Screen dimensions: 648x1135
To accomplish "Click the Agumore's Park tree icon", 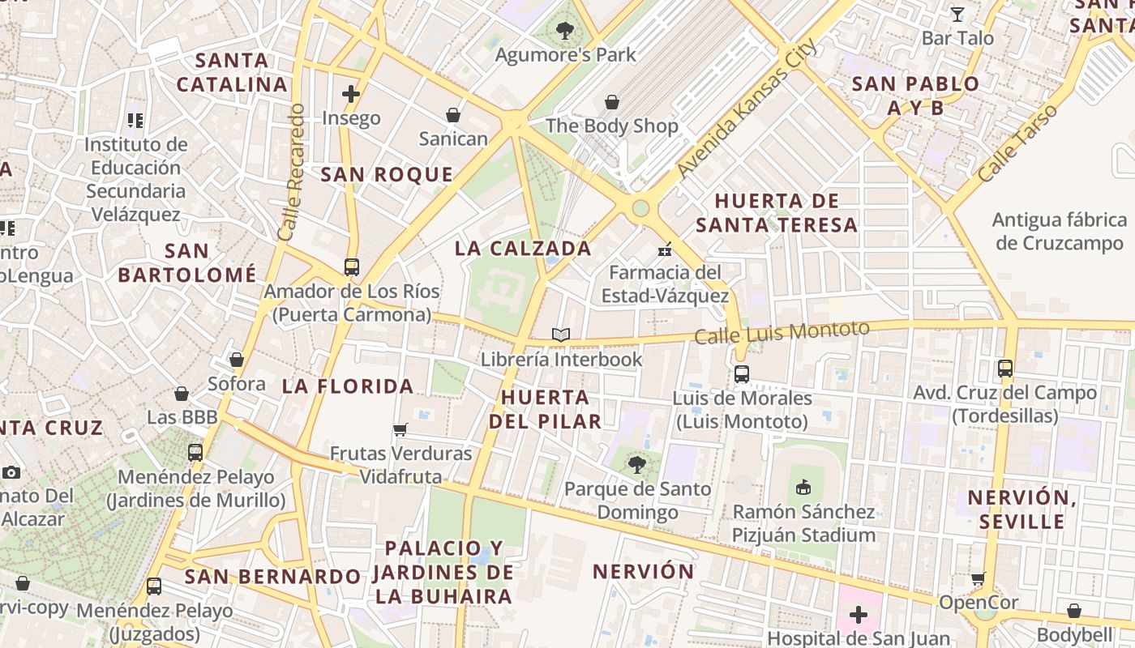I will pos(565,31).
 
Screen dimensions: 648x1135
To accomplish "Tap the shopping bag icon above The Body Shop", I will pos(612,102).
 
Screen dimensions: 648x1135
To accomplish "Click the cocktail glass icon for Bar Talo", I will pos(957,14).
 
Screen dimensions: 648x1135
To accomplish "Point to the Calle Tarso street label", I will pos(1017,143).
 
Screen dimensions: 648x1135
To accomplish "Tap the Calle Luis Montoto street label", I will pos(782,332).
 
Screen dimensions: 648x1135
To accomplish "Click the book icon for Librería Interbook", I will pos(561,335).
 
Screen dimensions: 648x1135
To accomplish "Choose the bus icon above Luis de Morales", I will pos(742,374).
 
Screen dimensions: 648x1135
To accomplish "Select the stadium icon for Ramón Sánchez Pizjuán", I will pos(803,487).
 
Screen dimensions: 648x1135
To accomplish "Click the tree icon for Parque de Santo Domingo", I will pos(637,464).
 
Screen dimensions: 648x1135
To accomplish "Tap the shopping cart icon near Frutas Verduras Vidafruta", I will pos(400,429).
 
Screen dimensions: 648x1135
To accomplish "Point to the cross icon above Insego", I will pos(351,94).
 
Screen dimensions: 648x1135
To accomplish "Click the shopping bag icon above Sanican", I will pos(453,115).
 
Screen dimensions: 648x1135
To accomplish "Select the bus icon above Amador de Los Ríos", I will pos(352,266).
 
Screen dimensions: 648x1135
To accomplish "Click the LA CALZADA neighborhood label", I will pos(523,249).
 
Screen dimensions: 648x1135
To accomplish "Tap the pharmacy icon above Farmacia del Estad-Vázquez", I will pos(665,249).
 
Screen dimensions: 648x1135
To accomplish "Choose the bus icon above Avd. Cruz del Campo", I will pos(1005,369).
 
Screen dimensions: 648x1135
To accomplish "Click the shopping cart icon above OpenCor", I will pos(979,578).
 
